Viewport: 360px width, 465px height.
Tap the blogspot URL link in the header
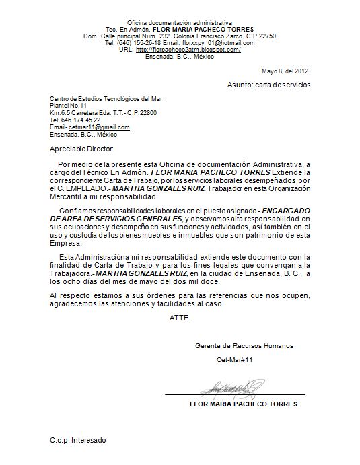click(x=188, y=50)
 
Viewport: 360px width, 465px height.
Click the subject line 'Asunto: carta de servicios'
click(x=268, y=85)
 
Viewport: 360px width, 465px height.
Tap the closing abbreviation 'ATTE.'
click(x=180, y=317)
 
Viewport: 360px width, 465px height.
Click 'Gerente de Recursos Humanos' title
click(x=244, y=345)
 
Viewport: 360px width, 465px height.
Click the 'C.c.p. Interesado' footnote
click(x=77, y=440)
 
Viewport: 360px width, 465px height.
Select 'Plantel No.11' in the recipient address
click(x=69, y=106)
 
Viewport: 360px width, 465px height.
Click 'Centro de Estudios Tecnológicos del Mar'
click(x=106, y=99)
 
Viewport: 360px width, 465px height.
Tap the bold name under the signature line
click(x=245, y=404)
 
